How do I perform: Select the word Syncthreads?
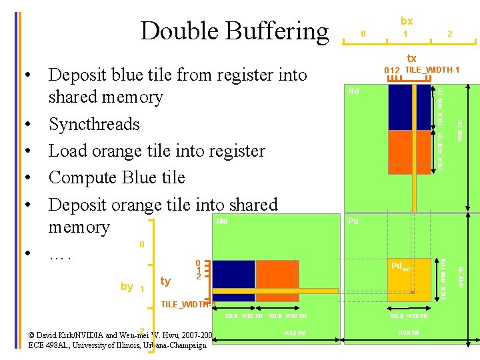[x=94, y=124]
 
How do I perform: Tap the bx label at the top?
[x=406, y=21]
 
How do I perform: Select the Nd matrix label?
[x=353, y=91]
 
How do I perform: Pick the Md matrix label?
[x=222, y=221]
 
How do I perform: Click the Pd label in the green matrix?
[x=353, y=221]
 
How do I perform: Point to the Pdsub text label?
[x=401, y=267]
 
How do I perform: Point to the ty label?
[x=165, y=282]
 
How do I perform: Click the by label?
[x=127, y=286]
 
